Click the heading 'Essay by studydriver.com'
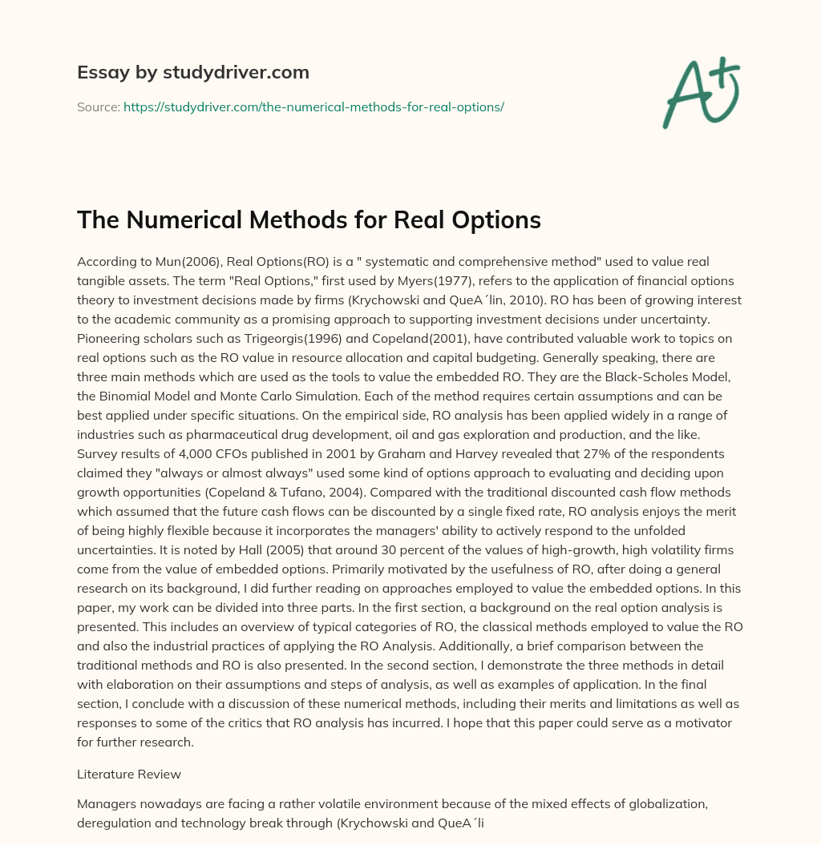[x=192, y=72]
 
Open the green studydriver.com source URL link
[x=313, y=107]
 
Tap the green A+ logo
[x=700, y=91]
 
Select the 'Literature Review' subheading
[x=128, y=775]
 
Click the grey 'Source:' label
[x=98, y=107]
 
